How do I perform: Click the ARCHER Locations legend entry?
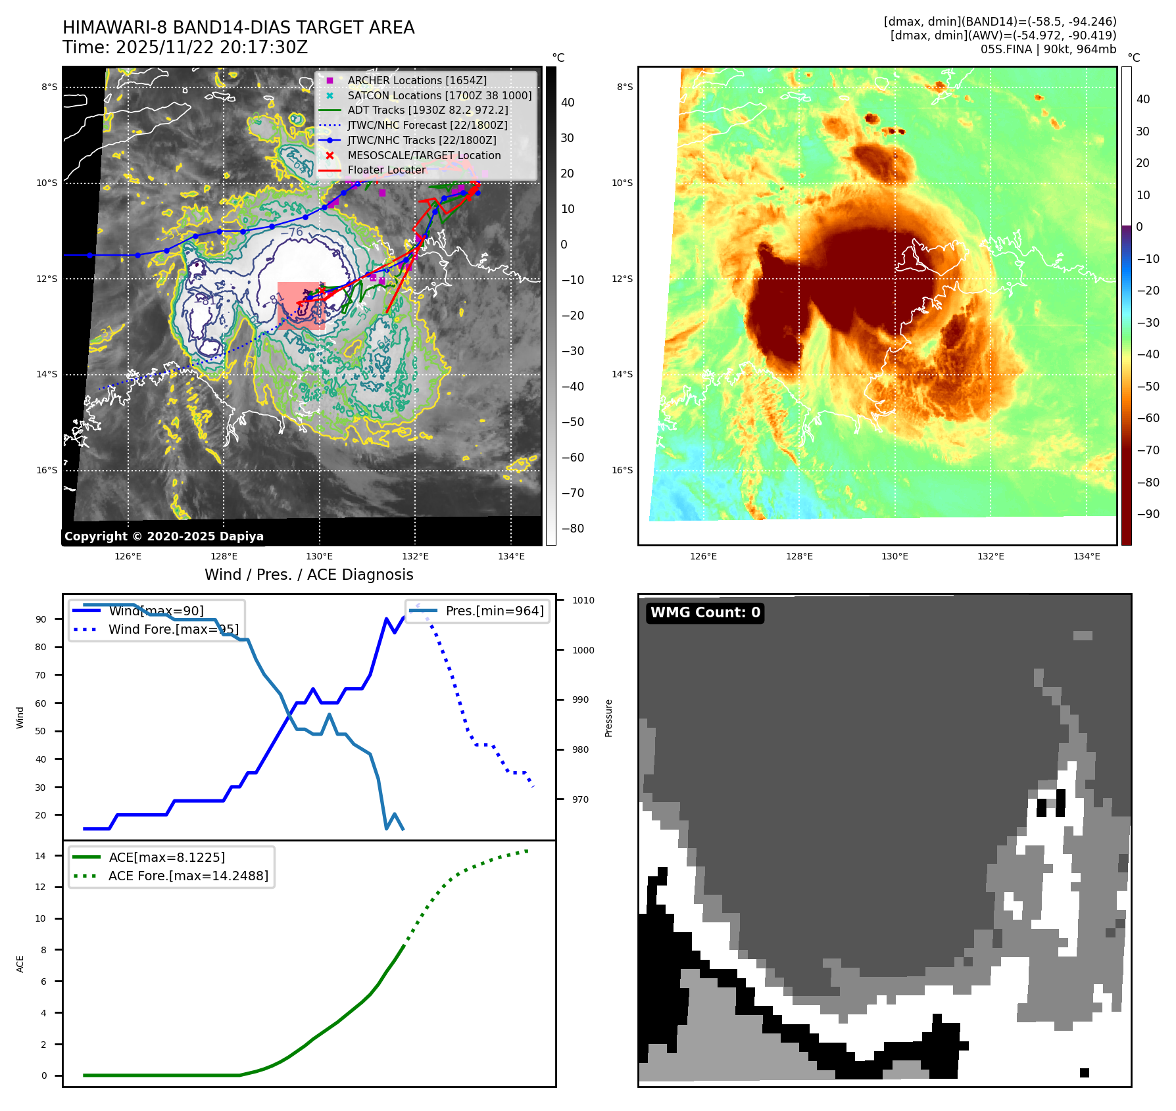coord(417,80)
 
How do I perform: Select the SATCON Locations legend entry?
coord(439,95)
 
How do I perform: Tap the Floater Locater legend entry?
coord(387,170)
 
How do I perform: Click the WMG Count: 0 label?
coord(705,613)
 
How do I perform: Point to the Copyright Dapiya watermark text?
coord(164,536)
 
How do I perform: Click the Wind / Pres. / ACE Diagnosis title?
coord(309,575)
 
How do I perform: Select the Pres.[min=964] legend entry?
coord(495,611)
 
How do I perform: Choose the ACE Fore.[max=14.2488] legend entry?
coord(188,876)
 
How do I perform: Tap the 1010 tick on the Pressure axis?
coord(583,600)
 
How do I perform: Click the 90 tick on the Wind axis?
coord(41,619)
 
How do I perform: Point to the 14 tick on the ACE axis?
coord(41,856)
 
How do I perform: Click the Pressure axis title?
coord(609,718)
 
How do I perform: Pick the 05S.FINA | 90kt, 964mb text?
coord(1048,49)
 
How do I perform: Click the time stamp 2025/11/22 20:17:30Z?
coord(212,47)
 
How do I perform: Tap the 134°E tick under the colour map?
coord(1087,556)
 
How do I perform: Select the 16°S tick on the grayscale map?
coord(47,470)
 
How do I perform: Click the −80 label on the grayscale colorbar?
coord(572,529)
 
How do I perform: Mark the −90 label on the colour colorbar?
coord(1148,514)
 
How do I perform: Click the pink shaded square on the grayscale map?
coord(301,306)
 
